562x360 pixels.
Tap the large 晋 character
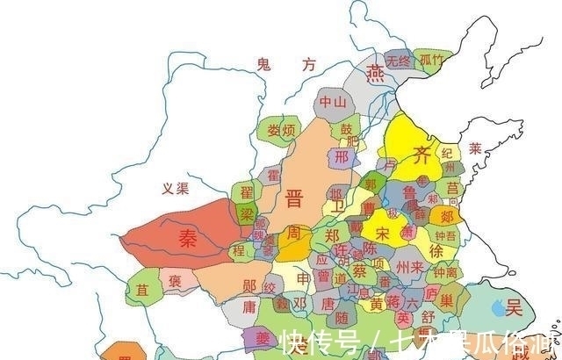pos(294,198)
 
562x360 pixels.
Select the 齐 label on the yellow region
pos(422,156)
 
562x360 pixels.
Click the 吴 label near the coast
pos(514,307)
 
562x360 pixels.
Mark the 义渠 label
pos(177,187)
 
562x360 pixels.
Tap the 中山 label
pos(333,102)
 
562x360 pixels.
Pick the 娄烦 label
pos(282,131)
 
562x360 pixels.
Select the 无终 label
pos(398,61)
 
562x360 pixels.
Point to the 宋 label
pos(382,234)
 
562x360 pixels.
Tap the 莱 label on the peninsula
pos(475,148)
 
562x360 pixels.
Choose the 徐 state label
pos(436,250)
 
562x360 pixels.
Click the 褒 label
pos(176,281)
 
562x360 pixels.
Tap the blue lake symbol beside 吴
pos(499,307)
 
